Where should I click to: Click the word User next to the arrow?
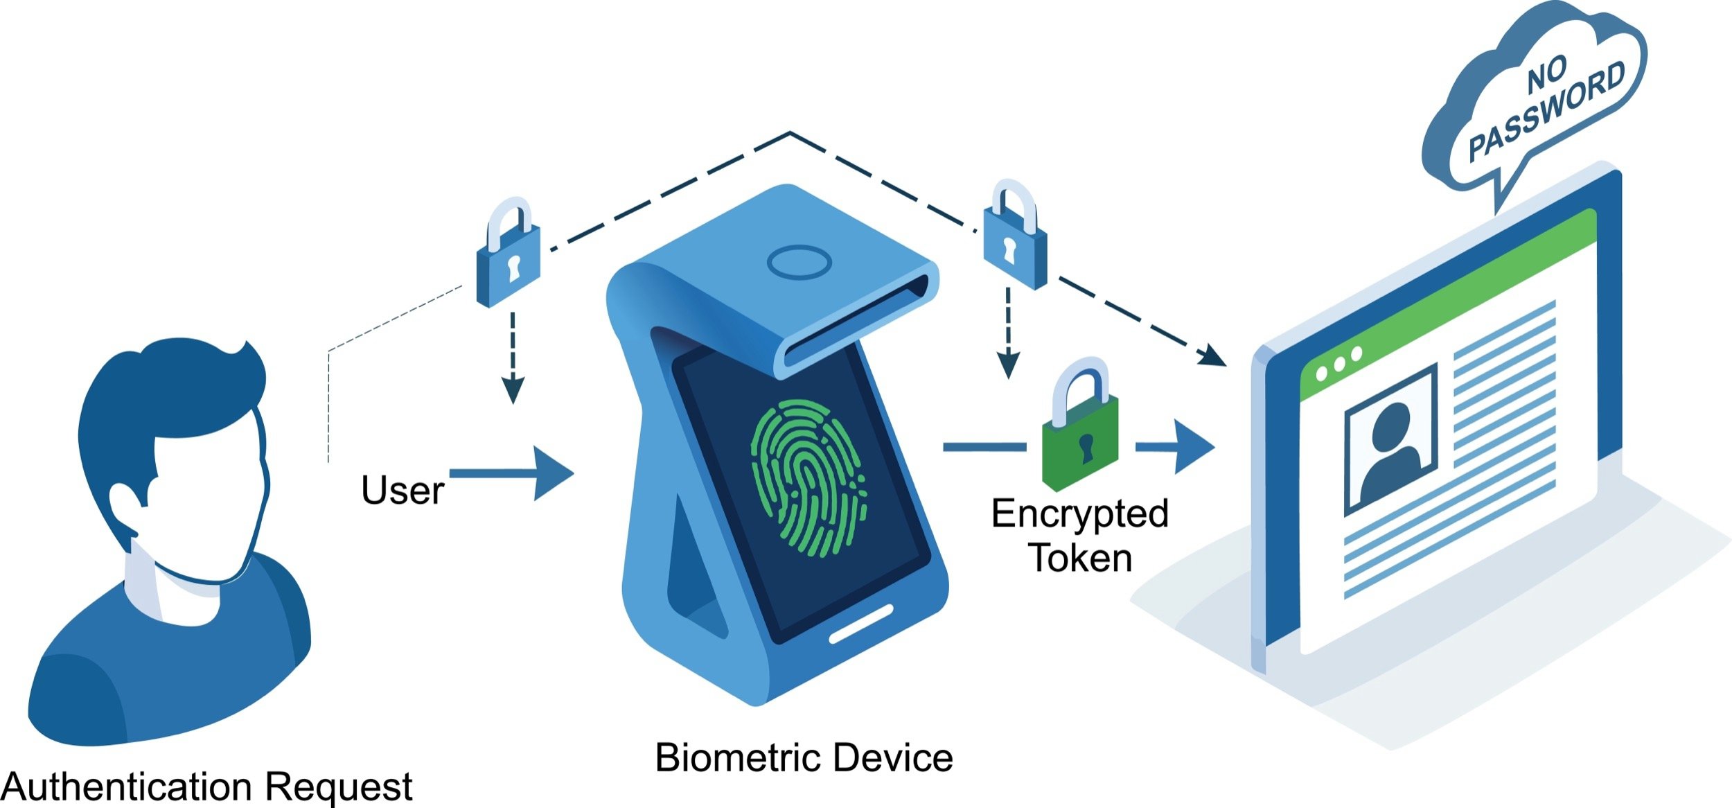pyautogui.click(x=403, y=491)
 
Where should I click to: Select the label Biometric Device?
pyautogui.click(x=804, y=757)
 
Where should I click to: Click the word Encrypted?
pyautogui.click(x=1079, y=513)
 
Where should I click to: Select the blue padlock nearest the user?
pyautogui.click(x=509, y=256)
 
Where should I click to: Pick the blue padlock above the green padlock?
pyautogui.click(x=1015, y=239)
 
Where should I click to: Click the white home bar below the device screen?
pyautogui.click(x=860, y=624)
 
